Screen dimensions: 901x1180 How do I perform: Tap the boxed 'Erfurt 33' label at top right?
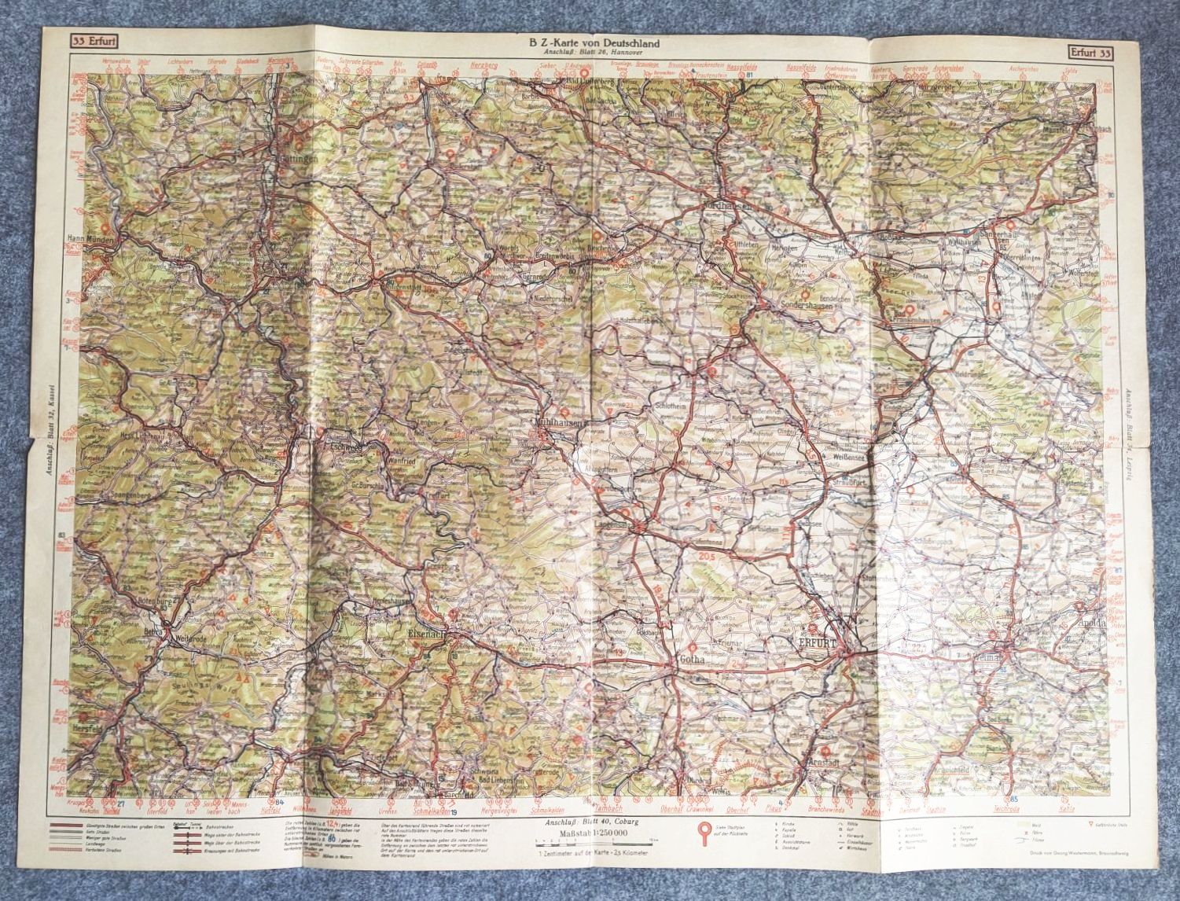pyautogui.click(x=1090, y=53)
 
